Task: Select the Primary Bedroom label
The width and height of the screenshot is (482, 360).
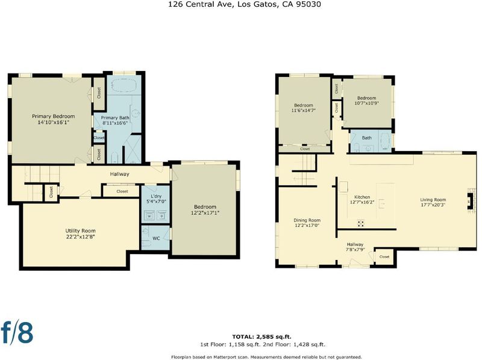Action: (54, 116)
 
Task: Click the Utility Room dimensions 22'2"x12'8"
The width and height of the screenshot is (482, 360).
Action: (81, 237)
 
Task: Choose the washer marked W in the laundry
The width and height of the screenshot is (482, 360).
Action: (149, 216)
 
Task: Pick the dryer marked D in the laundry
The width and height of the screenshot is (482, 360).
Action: (162, 216)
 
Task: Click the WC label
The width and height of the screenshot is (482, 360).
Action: (156, 238)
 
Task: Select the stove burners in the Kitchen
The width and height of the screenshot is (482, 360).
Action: (361, 223)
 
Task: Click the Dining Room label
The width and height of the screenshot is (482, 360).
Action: (307, 220)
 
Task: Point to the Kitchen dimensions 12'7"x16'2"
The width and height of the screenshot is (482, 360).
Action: (362, 202)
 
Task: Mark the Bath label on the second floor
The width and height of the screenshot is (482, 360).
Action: (367, 138)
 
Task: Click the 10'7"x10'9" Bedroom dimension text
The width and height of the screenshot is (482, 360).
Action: (367, 103)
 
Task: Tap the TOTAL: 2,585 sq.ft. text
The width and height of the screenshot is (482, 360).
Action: (261, 337)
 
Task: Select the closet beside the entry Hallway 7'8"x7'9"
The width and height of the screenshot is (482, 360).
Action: (384, 256)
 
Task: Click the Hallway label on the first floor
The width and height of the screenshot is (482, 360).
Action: (119, 174)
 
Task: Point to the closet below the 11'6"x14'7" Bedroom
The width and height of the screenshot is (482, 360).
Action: (305, 149)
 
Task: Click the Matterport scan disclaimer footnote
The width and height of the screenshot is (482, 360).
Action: (266, 357)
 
